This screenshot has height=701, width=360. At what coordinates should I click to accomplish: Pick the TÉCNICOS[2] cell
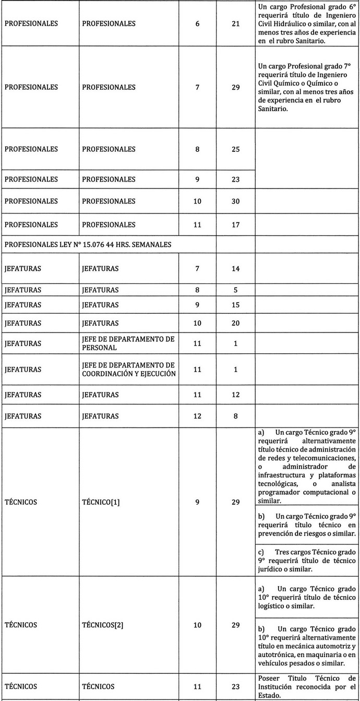pyautogui.click(x=103, y=624)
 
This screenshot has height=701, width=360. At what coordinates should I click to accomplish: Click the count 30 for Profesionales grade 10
pyautogui.click(x=236, y=201)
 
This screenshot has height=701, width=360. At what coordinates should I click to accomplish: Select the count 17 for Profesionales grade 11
pyautogui.click(x=236, y=225)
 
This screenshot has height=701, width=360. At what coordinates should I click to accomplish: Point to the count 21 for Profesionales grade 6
pyautogui.click(x=236, y=23)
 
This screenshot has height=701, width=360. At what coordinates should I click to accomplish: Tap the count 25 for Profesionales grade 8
pyautogui.click(x=236, y=149)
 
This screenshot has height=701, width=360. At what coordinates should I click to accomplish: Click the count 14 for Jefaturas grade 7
pyautogui.click(x=236, y=269)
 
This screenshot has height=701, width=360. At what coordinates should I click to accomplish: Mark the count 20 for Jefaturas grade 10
pyautogui.click(x=236, y=323)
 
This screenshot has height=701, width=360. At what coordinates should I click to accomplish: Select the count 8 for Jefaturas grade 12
pyautogui.click(x=236, y=416)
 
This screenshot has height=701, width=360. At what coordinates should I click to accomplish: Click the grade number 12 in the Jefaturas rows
pyautogui.click(x=197, y=416)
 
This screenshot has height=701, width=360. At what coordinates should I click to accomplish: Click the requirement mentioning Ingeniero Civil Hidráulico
pyautogui.click(x=307, y=23)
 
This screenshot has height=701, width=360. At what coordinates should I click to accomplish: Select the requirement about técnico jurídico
pyautogui.click(x=307, y=560)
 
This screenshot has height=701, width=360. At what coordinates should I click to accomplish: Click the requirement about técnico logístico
pyautogui.click(x=307, y=596)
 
